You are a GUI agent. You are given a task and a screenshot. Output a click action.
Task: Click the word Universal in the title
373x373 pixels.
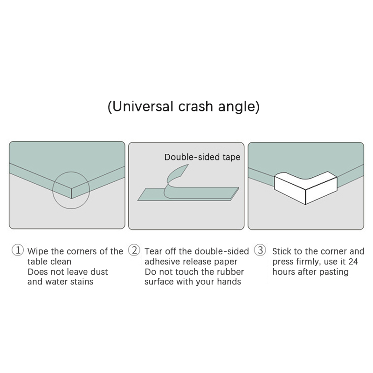[142, 106]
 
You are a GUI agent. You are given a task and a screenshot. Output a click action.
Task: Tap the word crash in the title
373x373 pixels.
[195, 106]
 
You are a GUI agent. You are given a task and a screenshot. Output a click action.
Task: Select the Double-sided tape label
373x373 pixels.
[202, 157]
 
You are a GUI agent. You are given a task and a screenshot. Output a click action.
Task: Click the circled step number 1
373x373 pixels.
[18, 250]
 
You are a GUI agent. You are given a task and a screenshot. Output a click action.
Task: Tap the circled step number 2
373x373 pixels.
[134, 250]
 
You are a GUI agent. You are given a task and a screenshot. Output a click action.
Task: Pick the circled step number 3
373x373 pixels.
[260, 250]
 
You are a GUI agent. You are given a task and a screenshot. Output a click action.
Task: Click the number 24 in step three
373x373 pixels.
[353, 262]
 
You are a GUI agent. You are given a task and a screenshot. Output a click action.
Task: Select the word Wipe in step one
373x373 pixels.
[38, 251]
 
